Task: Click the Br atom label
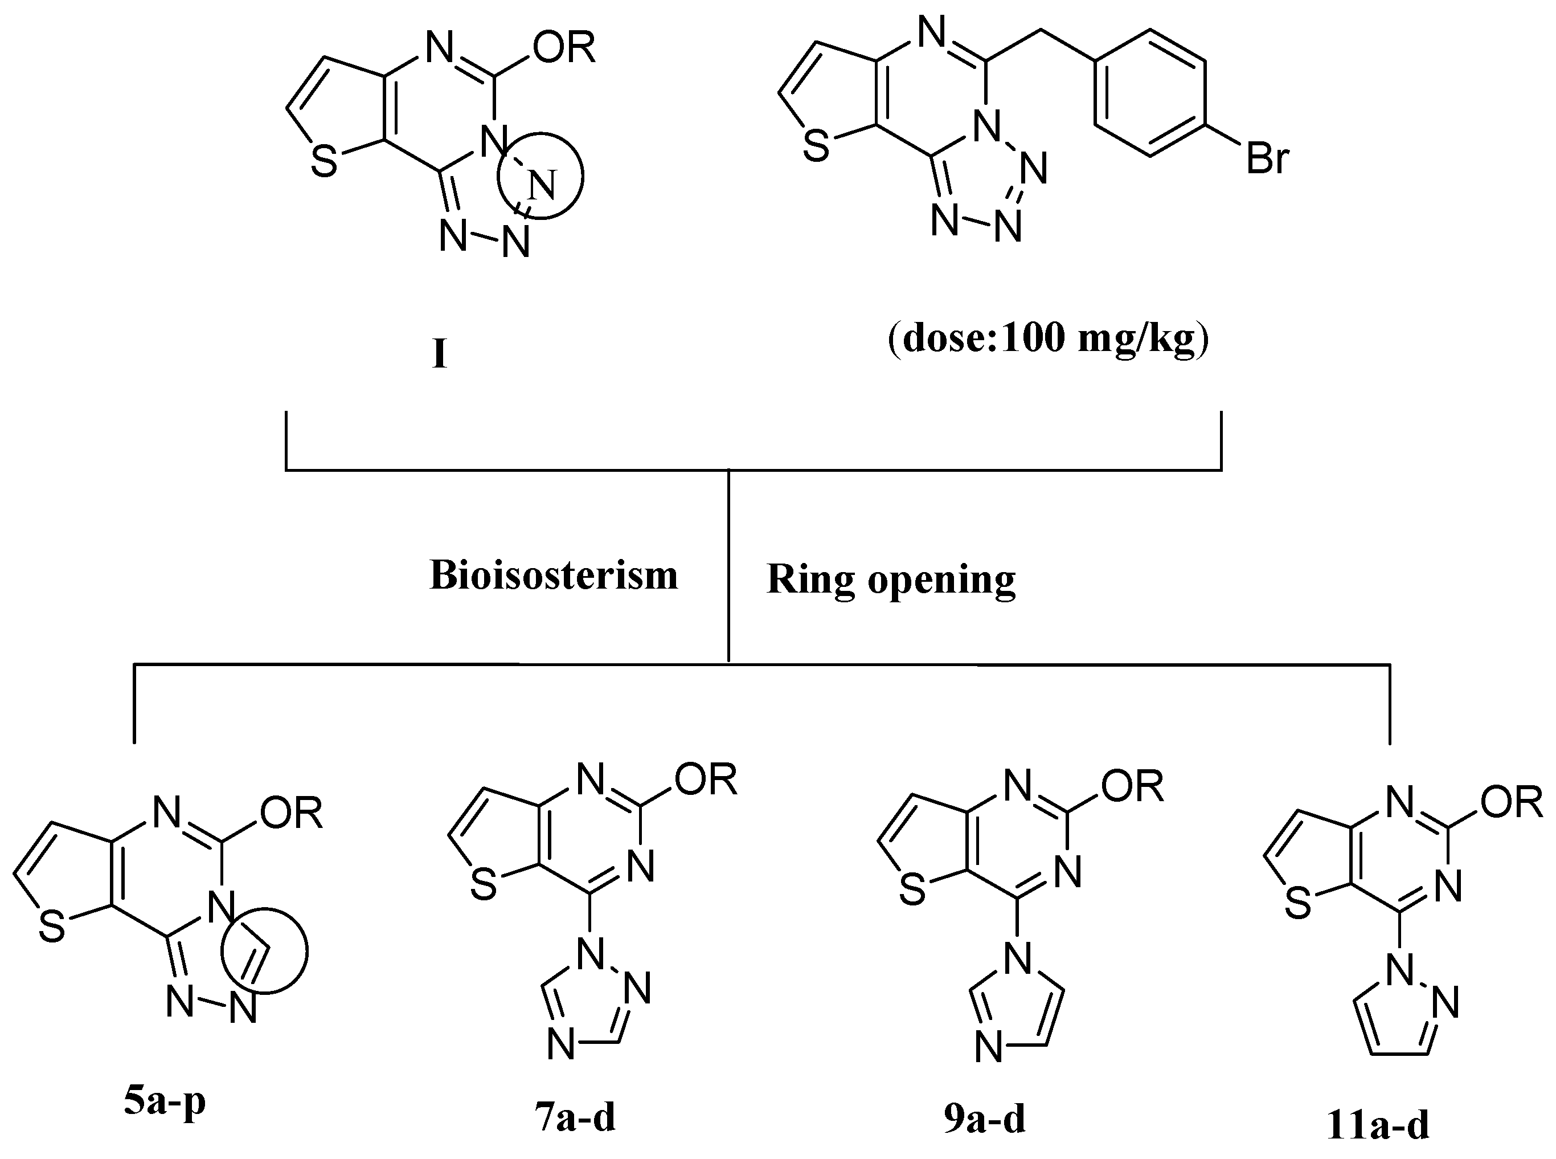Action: click(1267, 159)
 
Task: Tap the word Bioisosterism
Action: click(553, 576)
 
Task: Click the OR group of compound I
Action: click(564, 48)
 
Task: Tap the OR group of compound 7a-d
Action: click(706, 780)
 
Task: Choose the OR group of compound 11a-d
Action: click(1511, 801)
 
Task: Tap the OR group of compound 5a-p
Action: click(291, 814)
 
